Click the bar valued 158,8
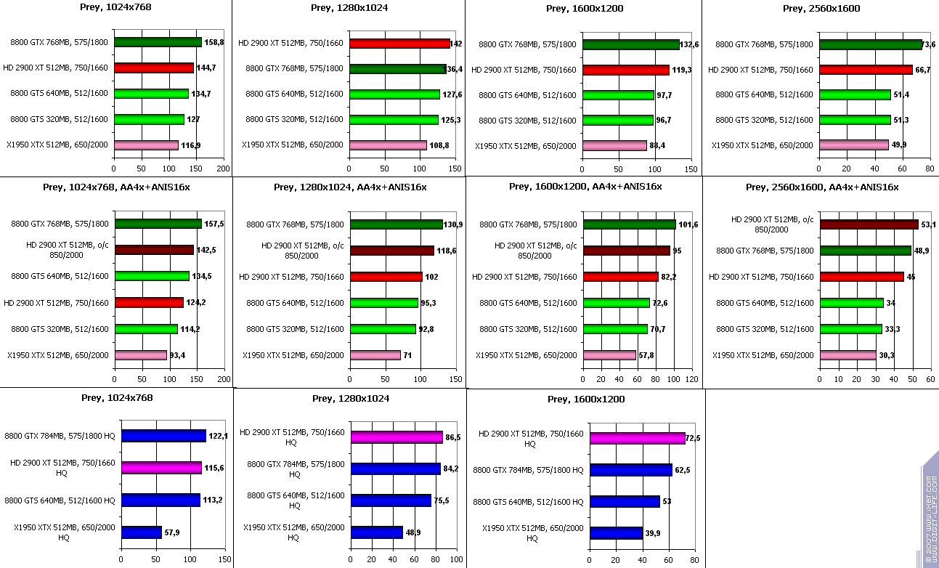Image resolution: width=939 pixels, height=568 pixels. tap(158, 42)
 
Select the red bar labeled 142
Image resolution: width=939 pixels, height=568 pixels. tap(399, 44)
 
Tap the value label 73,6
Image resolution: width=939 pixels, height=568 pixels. tap(928, 45)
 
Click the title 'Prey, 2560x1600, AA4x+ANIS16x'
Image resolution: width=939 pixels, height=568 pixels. tap(821, 187)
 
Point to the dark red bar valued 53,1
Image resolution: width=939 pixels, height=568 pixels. tap(869, 224)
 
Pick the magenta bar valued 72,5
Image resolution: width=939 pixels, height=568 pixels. tap(637, 439)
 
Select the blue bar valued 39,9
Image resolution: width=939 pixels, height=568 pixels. tap(616, 533)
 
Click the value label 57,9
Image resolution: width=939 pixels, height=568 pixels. tap(172, 533)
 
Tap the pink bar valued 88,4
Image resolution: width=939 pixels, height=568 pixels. tap(614, 146)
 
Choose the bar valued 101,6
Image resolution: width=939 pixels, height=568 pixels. tap(629, 224)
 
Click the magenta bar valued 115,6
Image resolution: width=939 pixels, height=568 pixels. tap(161, 468)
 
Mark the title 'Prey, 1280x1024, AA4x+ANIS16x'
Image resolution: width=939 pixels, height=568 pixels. tap(350, 187)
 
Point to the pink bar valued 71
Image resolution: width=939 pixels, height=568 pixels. tap(375, 355)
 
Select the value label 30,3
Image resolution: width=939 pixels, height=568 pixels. tap(888, 355)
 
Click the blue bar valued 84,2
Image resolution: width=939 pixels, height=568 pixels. tap(395, 468)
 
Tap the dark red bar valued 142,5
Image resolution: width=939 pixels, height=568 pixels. tap(154, 250)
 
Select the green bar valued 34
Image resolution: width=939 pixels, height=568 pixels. tap(851, 303)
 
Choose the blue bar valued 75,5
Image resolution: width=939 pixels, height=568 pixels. tap(391, 500)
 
